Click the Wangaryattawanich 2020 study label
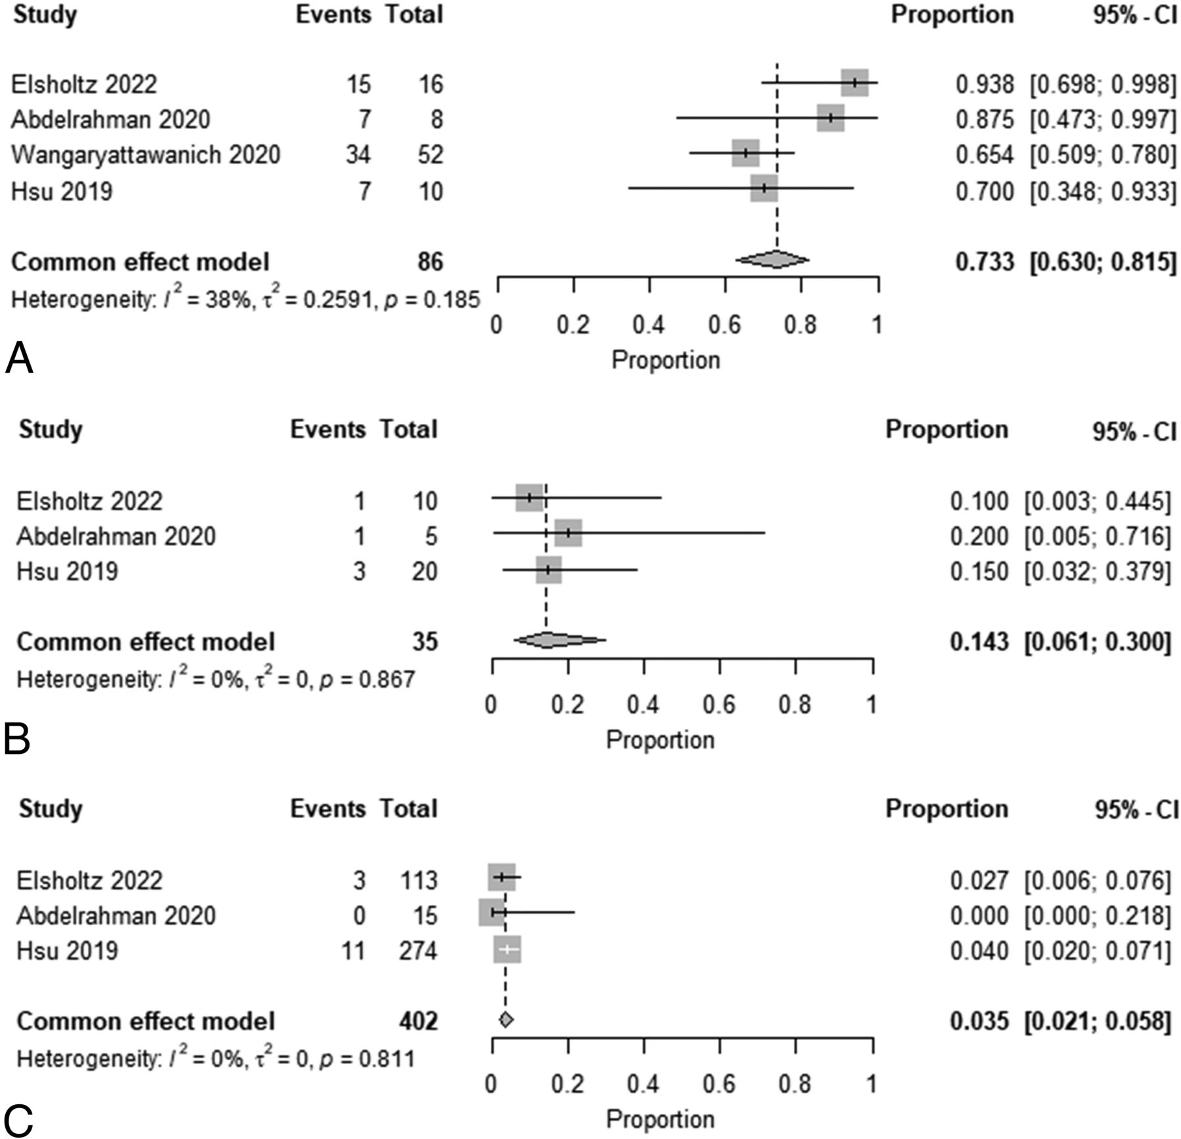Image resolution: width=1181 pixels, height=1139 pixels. coord(146,155)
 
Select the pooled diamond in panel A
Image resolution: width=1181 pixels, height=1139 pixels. coord(772,260)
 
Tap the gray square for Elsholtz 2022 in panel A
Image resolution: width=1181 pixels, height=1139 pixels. coord(854,83)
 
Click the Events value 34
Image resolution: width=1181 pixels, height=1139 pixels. coord(358,155)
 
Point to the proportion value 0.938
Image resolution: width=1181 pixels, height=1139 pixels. coord(984,84)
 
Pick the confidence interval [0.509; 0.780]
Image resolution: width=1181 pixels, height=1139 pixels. coord(1102,155)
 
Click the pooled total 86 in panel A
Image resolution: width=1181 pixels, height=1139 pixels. coord(430,262)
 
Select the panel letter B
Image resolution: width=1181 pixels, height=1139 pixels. coord(17,739)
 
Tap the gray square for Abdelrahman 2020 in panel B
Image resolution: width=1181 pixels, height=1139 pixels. coord(568,533)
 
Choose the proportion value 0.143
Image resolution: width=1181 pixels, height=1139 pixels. coord(979,642)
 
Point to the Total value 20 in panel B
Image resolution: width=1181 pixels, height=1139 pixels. coord(424,571)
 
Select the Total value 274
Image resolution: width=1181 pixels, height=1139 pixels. coord(418,951)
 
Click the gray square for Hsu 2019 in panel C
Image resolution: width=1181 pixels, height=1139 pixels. coord(507,949)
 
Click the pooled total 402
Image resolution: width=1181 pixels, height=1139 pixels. coord(418,1022)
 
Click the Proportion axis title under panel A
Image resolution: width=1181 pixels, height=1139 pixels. coord(665,360)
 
